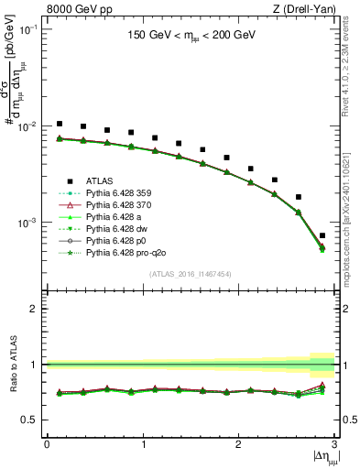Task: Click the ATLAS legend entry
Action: (x=98, y=180)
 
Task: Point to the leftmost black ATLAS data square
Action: (x=60, y=124)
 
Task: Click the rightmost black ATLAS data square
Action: (x=322, y=235)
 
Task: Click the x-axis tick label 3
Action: (x=334, y=444)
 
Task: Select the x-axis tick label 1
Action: (x=142, y=444)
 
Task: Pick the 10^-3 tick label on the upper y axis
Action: (x=29, y=223)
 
